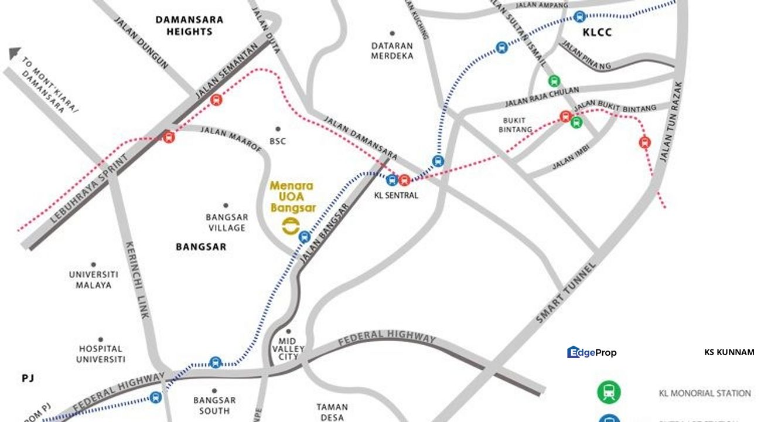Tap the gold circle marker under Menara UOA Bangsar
pos(290,226)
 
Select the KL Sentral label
pos(396,195)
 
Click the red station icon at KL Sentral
pos(404,179)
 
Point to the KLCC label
pos(597,33)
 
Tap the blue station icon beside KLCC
pos(579,17)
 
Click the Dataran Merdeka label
pos(393,50)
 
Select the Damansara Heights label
pos(189,25)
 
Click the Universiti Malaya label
pos(94,280)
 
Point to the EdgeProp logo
pos(592,352)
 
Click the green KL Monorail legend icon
pos(609,392)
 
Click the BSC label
pos(278,141)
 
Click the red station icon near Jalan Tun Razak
pos(645,142)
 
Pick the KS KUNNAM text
pos(729,352)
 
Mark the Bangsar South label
pos(214,406)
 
